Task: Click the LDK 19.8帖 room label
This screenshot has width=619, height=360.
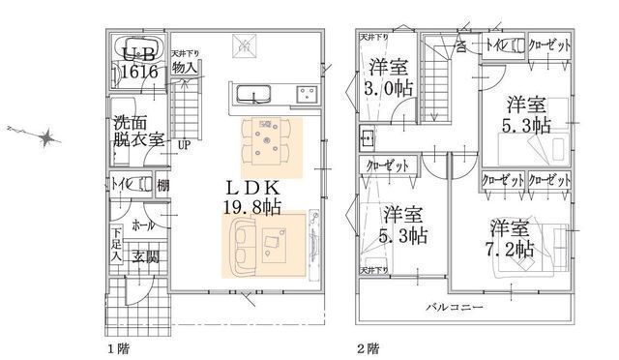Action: click(253, 195)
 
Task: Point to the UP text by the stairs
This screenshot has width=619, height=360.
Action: click(183, 144)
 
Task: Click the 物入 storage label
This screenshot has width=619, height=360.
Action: click(185, 68)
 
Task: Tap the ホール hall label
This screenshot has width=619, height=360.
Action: click(143, 224)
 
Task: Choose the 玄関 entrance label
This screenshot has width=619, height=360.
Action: click(146, 256)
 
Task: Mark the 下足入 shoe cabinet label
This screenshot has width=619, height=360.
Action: click(115, 246)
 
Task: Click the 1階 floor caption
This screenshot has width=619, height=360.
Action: click(116, 345)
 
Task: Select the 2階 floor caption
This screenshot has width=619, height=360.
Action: click(367, 345)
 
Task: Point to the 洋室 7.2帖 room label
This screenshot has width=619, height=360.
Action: click(511, 238)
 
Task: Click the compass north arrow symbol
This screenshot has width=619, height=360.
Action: click(44, 138)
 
